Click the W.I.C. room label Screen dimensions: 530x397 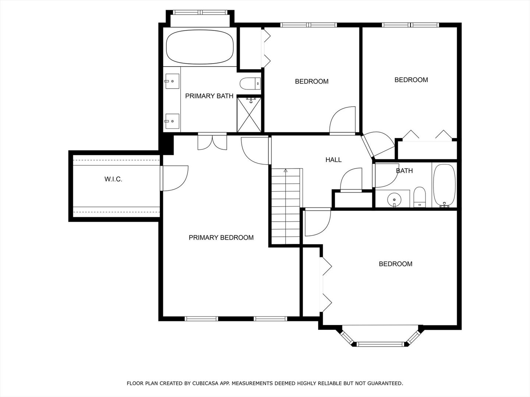point(113,179)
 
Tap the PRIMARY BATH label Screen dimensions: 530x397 point(209,96)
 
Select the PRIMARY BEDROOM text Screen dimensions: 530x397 point(221,238)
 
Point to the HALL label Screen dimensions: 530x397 point(333,160)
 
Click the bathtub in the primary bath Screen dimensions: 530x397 point(200,47)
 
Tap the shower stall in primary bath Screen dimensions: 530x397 point(249,115)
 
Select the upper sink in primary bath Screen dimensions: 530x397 point(172,81)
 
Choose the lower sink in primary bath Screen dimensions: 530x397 point(172,121)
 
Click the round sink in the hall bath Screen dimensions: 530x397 point(394,200)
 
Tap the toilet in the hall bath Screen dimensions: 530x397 point(420,197)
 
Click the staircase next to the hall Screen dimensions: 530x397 point(286,206)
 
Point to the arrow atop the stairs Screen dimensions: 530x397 point(286,171)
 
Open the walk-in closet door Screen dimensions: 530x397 point(174,178)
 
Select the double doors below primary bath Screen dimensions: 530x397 point(212,142)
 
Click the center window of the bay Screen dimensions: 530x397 point(380,344)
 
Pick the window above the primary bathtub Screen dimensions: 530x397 point(200,12)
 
